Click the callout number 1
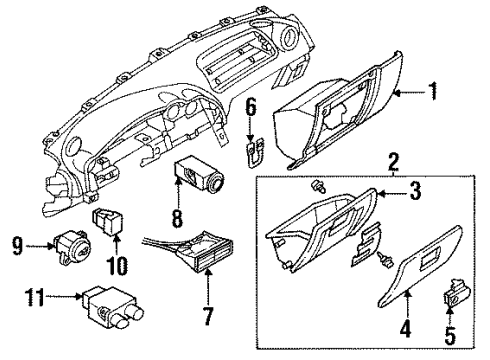432,91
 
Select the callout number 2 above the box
394,162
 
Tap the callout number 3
415,191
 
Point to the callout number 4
406,327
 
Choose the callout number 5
450,335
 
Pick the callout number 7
208,315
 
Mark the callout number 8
177,218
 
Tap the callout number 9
17,246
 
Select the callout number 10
117,266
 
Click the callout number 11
35,297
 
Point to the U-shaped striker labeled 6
255,152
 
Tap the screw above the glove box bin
318,186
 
